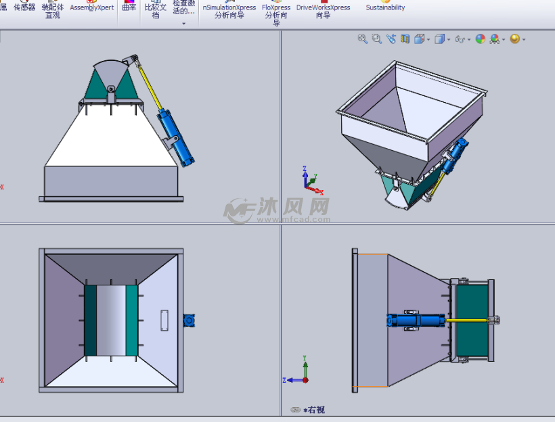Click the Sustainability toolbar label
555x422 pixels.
coord(385,8)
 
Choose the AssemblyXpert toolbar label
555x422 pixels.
coord(92,8)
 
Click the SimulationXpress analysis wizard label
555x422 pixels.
coord(229,11)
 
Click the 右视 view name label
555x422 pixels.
coord(315,410)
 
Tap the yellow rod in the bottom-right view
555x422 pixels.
coord(467,320)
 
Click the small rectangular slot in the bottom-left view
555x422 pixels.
coord(164,320)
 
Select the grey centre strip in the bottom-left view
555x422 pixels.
coord(111,320)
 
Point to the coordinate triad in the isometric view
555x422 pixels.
coord(308,179)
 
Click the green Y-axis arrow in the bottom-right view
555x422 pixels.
coord(306,365)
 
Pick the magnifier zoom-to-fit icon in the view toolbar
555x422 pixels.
coord(362,39)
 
